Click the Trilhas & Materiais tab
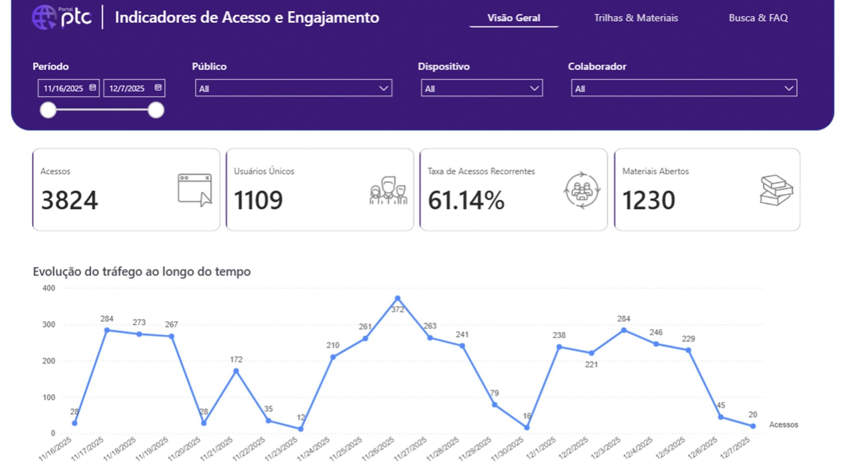636,18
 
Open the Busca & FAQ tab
758,18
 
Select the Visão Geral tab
513,18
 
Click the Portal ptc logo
62,17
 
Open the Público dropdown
293,88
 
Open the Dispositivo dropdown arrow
534,88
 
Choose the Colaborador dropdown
684,88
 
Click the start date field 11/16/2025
68,88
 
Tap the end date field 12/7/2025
134,88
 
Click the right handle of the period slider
156,110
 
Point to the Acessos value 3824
69,200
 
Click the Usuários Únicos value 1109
258,200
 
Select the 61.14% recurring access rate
466,200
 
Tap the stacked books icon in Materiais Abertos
776,190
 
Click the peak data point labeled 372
397,298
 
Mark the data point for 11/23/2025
301,429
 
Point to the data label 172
236,359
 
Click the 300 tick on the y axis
49,325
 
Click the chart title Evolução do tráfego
142,271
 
